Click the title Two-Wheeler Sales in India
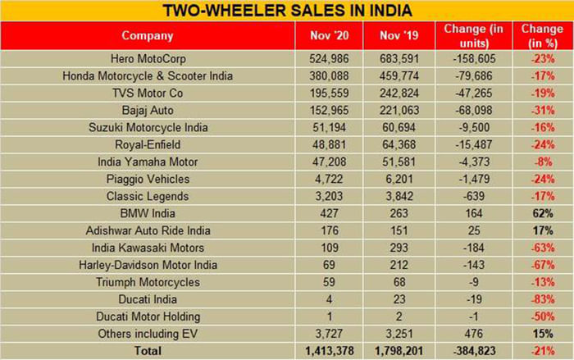(286, 11)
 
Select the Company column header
(148, 36)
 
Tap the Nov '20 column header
(326, 36)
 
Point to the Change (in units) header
(473, 36)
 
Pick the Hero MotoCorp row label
(148, 60)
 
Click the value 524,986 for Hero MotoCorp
(326, 60)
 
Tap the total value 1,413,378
(326, 350)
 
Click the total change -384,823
(473, 350)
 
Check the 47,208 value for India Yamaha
(326, 162)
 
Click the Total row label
(148, 350)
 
